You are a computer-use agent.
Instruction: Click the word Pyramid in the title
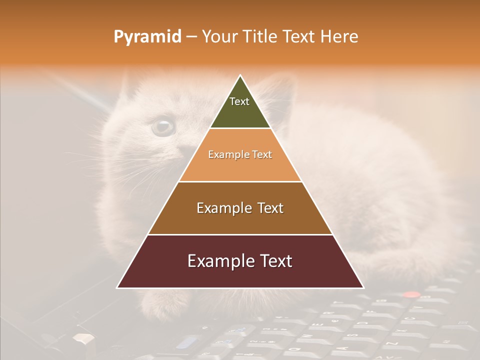click(x=147, y=37)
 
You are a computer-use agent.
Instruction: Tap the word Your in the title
click(x=220, y=37)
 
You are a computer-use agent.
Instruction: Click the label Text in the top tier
click(x=239, y=101)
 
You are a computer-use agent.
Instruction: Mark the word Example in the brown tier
click(x=220, y=208)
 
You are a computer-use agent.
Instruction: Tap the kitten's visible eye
click(x=163, y=126)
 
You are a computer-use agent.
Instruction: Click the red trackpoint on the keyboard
click(x=411, y=295)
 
